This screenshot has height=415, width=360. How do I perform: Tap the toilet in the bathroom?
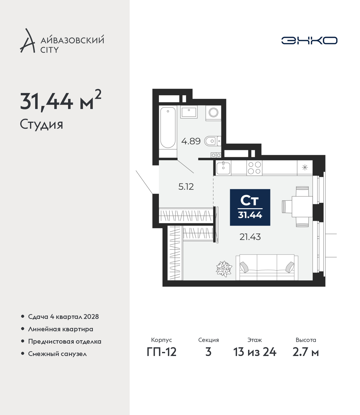tap(213, 141)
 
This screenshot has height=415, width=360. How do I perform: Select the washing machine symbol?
tap(213, 113)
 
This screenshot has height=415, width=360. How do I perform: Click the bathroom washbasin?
tap(189, 112)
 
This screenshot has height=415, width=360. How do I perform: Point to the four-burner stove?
tap(255, 168)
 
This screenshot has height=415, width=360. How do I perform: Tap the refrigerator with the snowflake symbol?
tap(305, 167)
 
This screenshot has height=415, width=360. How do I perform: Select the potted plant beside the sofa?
tap(224, 269)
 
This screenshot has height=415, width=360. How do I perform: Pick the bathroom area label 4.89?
tap(191, 141)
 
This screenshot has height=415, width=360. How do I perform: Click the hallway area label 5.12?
tap(186, 187)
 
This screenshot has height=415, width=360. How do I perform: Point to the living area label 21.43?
tap(250, 237)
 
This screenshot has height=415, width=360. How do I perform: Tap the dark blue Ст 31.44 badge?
tap(250, 207)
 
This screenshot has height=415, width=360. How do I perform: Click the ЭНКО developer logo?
tap(309, 40)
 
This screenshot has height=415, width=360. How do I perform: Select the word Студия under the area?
tap(42, 124)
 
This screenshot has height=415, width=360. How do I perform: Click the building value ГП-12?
tap(162, 352)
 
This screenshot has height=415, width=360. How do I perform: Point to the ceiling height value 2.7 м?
tap(305, 352)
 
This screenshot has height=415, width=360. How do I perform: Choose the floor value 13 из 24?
tap(255, 352)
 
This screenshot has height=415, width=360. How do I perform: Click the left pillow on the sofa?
tap(244, 267)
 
